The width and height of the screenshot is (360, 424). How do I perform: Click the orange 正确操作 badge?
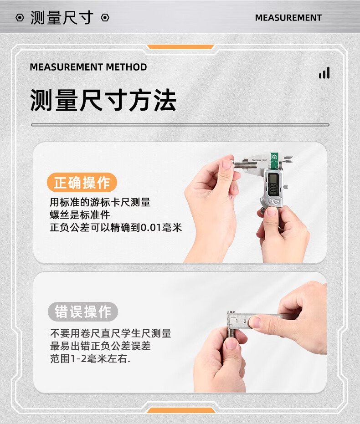82,183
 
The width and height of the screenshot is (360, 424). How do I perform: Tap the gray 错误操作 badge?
83,312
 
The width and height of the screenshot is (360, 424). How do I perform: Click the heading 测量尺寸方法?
103,100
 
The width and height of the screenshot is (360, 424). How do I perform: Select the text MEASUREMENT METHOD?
88,67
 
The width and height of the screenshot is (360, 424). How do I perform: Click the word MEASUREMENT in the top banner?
288,18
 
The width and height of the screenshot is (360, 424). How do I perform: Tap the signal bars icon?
324,73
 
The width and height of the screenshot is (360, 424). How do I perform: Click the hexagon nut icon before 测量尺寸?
20,18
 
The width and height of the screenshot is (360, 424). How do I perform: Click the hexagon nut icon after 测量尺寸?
105,18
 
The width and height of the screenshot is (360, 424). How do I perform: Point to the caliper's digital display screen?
273,184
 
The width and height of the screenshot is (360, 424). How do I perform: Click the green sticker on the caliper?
274,160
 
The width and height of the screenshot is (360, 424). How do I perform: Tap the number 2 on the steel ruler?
245,321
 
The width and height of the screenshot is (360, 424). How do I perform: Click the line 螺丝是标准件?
80,215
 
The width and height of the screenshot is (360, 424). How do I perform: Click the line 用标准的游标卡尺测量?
100,202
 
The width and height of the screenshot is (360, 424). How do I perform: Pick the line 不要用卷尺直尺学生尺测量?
110,333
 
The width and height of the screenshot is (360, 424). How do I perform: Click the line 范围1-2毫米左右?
90,359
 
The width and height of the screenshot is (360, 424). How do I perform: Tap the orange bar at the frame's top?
180,47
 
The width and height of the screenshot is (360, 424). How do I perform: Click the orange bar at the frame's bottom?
180,410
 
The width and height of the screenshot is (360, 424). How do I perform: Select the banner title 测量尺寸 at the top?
62,18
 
